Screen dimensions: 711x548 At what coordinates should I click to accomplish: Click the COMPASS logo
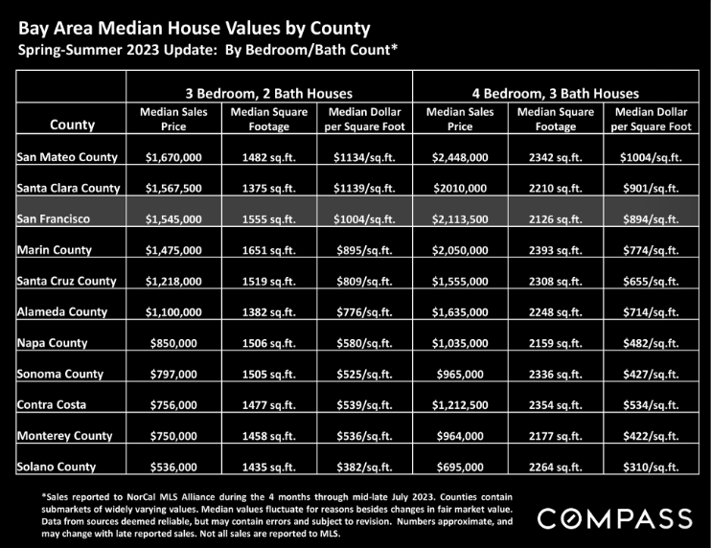tap(615, 518)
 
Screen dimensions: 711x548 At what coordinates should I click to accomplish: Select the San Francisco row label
tap(54, 219)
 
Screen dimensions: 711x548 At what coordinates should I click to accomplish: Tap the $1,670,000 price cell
tap(173, 157)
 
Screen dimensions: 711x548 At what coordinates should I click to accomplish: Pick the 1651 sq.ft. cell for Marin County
tap(269, 250)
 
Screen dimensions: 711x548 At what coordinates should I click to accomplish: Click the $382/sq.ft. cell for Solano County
tap(364, 467)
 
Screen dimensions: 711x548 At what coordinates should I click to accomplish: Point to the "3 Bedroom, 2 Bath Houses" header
tap(269, 93)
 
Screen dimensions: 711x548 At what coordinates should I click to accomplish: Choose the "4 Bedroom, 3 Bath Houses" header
tap(556, 93)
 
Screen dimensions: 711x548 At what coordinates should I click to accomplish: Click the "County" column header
tap(72, 125)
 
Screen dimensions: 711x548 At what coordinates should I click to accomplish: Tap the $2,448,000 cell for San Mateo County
tap(460, 157)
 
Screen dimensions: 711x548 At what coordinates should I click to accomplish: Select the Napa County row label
tap(52, 343)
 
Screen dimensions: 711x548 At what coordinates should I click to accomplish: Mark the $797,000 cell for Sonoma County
tap(173, 374)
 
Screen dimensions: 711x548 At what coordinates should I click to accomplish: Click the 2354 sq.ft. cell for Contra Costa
tap(556, 404)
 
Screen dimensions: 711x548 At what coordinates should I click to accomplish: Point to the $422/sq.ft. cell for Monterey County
tap(652, 436)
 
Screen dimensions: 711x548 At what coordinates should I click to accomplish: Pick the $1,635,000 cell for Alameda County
tap(460, 312)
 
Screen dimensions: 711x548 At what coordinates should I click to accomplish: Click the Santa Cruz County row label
tap(67, 281)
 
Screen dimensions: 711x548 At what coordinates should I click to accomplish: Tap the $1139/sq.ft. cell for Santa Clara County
tap(364, 188)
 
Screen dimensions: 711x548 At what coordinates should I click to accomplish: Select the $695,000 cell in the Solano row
tap(460, 467)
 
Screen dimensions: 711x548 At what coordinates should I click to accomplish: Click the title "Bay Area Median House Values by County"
tap(195, 28)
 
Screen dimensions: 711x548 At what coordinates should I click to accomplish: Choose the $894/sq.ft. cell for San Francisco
tap(652, 219)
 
